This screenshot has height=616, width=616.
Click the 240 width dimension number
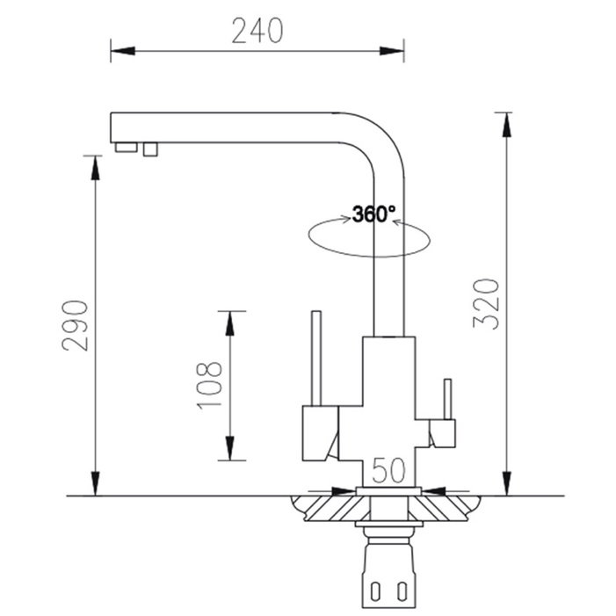[x=257, y=31]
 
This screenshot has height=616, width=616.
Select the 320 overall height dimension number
[x=489, y=302]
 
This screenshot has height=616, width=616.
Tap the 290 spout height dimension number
[x=76, y=324]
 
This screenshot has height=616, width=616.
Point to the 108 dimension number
[x=208, y=385]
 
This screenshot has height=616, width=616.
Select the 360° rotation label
[x=374, y=214]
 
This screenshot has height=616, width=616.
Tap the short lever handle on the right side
[x=446, y=401]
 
